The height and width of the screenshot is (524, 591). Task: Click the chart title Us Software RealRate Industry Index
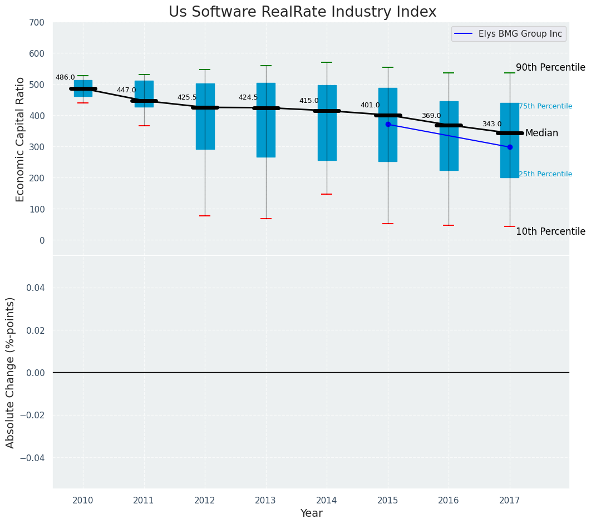pyautogui.click(x=302, y=12)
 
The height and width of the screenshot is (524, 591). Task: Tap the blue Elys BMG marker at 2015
pyautogui.click(x=388, y=124)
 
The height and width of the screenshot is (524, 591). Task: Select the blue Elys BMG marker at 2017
pyautogui.click(x=510, y=147)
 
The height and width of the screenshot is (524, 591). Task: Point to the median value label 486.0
pyautogui.click(x=65, y=77)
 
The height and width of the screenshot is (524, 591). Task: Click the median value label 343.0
pyautogui.click(x=492, y=124)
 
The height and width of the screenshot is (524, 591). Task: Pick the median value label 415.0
pyautogui.click(x=309, y=101)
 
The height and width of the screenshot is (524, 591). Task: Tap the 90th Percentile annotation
pyautogui.click(x=550, y=68)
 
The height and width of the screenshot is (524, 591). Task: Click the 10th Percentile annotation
pyautogui.click(x=550, y=232)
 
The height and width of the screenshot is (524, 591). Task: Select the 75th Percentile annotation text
pyautogui.click(x=545, y=106)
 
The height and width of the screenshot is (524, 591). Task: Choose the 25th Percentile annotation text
pyautogui.click(x=545, y=174)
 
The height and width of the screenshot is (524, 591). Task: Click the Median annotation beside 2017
pyautogui.click(x=541, y=134)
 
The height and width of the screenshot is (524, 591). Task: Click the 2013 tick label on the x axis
pyautogui.click(x=265, y=501)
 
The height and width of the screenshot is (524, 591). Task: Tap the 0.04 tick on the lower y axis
pyautogui.click(x=36, y=288)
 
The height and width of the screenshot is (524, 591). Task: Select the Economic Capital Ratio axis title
pyautogui.click(x=21, y=139)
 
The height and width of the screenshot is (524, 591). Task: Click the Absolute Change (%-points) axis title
pyautogui.click(x=11, y=372)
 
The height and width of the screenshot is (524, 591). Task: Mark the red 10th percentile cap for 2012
pyautogui.click(x=205, y=216)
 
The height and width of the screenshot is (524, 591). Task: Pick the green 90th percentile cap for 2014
pyautogui.click(x=327, y=62)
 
